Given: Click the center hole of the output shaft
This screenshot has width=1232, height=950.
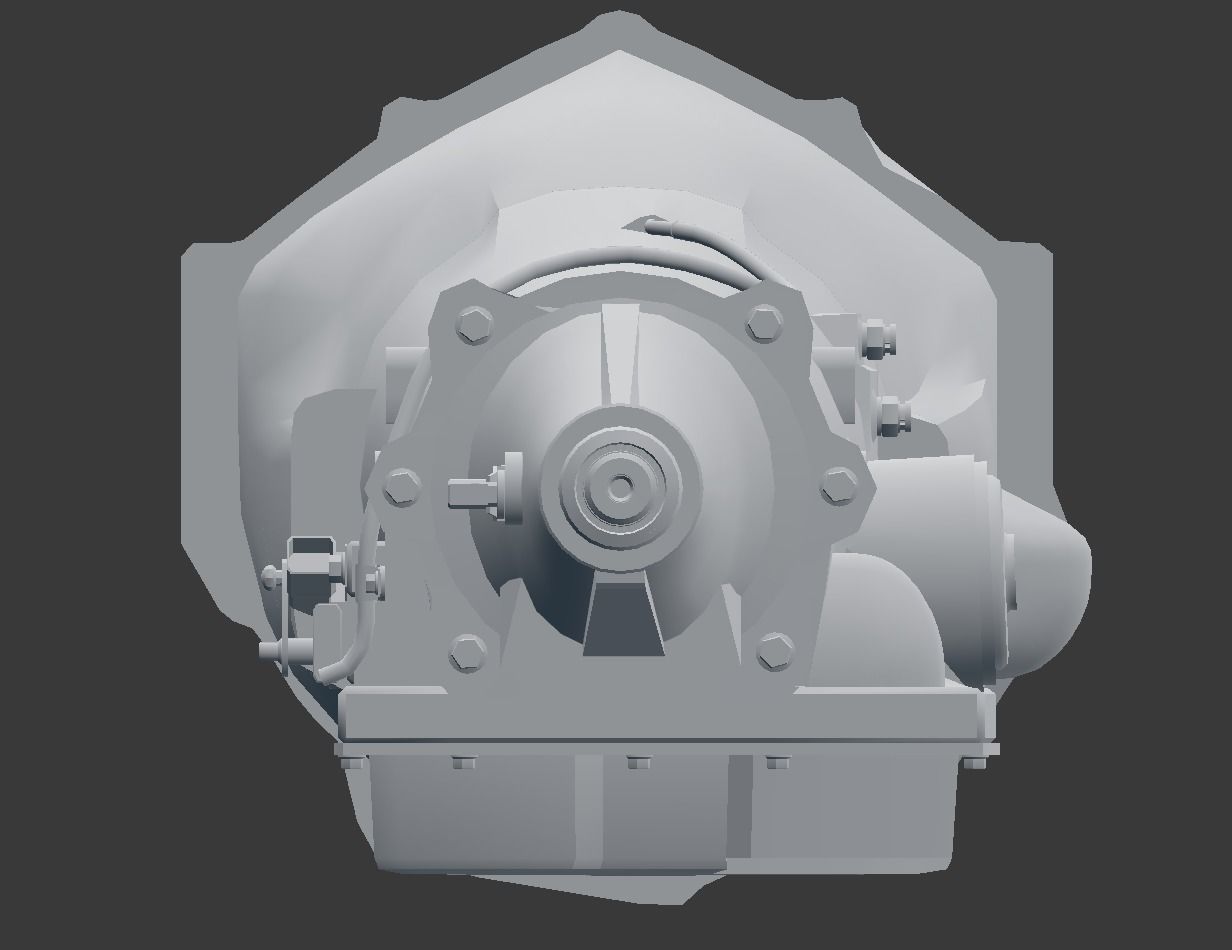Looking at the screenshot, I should tap(620, 487).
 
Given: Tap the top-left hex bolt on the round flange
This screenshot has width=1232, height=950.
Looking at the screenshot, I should tap(473, 324).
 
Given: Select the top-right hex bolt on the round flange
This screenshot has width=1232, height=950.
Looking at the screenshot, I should tap(765, 323).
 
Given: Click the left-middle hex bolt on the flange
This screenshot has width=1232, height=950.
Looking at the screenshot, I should tap(401, 487).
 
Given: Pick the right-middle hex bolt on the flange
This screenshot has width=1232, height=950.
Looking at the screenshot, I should tap(838, 487).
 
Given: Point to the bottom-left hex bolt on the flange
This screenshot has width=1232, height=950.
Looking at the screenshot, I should tap(467, 651).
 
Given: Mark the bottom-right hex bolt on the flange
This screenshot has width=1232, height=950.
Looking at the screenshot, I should tap(773, 650).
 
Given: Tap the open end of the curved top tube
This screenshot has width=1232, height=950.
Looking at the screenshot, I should tap(651, 225).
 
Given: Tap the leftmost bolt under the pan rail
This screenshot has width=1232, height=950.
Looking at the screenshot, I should tap(352, 762).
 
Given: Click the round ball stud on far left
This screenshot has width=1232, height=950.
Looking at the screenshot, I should tap(270, 575).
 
